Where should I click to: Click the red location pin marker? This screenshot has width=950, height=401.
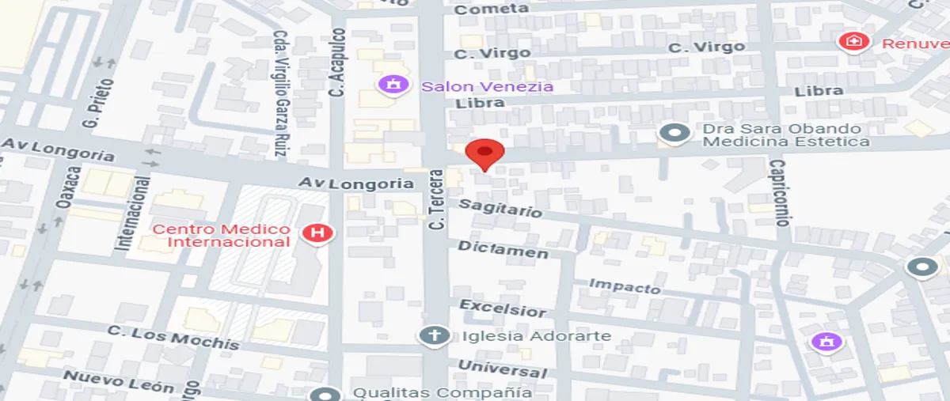point(484,153)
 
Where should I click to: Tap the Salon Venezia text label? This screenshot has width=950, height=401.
point(487,86)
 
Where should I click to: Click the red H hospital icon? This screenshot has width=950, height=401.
point(318,233)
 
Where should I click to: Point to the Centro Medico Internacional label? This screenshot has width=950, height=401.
point(222,236)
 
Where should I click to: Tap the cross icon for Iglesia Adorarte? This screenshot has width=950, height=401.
point(433,336)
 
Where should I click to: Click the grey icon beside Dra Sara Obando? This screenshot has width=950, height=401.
point(674,134)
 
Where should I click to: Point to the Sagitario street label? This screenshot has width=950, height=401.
point(501,208)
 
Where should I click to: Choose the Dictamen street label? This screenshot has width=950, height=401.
point(503,250)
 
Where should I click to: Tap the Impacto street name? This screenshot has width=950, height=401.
point(625,286)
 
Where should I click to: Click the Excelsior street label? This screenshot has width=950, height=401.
point(503,308)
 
